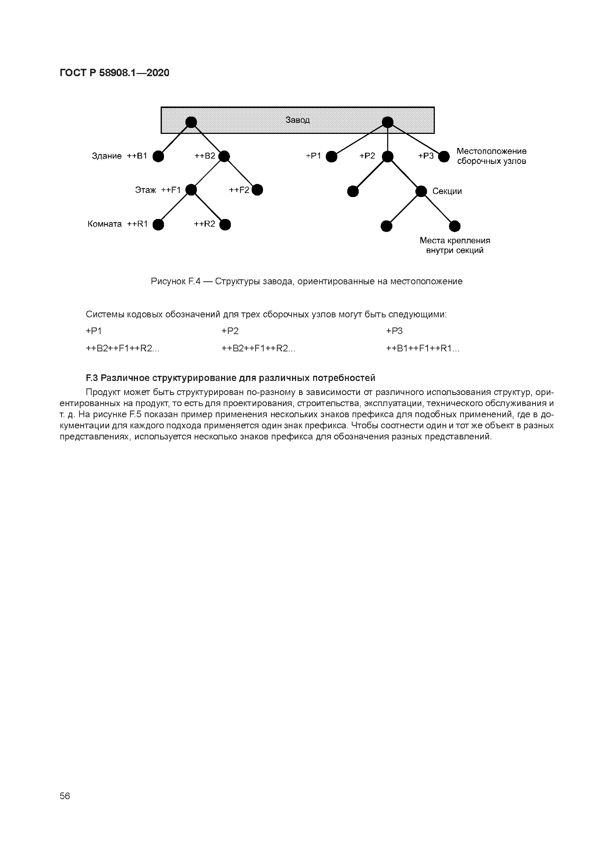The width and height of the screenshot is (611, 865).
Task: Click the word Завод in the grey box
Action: click(297, 120)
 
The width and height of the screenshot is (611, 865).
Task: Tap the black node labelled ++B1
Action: click(158, 156)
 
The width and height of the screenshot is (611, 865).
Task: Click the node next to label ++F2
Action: click(257, 190)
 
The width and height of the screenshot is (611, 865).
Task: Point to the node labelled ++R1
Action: click(158, 225)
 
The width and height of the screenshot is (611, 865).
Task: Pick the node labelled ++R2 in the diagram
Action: click(225, 225)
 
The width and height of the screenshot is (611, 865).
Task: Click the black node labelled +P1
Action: click(332, 156)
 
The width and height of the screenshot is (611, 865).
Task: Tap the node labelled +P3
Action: click(444, 156)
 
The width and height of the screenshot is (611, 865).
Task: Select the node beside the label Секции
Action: click(421, 191)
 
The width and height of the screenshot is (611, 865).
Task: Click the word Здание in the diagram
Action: click(107, 156)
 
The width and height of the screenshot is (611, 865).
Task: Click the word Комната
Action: click(105, 224)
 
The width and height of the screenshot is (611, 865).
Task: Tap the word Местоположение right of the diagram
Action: click(491, 151)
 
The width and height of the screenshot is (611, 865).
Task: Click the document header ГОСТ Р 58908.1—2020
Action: click(115, 73)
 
